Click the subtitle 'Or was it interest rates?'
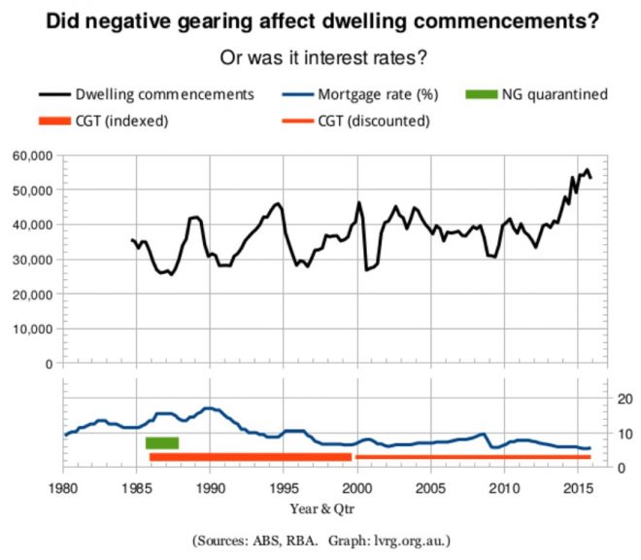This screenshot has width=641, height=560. [320, 57]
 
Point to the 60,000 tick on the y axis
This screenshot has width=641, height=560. [30, 156]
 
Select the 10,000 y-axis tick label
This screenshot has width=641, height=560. [30, 329]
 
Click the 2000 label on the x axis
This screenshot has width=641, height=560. [357, 486]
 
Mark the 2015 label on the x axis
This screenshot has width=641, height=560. [577, 486]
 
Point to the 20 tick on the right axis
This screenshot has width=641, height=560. [611, 399]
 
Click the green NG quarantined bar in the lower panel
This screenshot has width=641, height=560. [162, 443]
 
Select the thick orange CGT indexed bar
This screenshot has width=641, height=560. [250, 457]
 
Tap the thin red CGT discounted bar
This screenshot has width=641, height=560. [473, 457]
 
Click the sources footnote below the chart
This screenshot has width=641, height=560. [321, 539]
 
